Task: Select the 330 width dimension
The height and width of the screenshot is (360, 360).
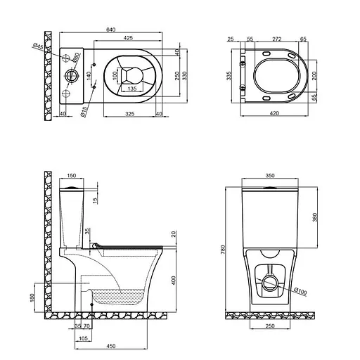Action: (187, 75)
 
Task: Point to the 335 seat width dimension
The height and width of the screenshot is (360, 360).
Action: (229, 75)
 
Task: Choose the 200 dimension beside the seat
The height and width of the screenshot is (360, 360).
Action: (314, 75)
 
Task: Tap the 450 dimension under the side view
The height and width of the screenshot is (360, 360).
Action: (112, 345)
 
